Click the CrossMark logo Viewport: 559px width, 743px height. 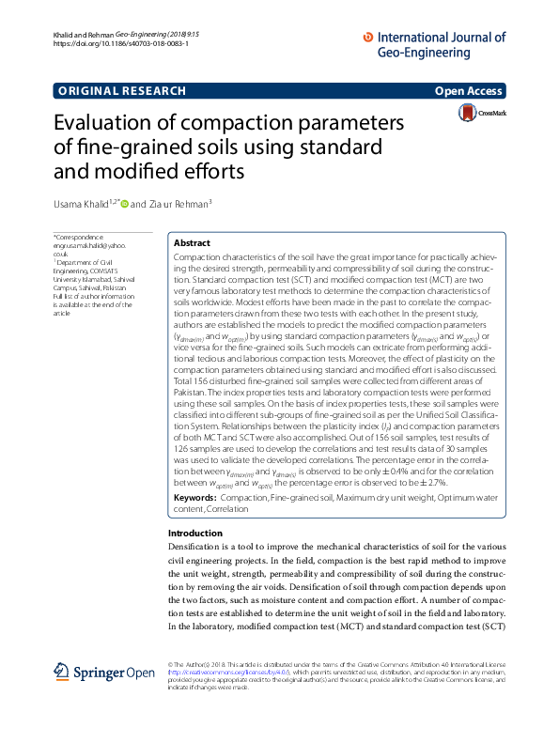point(480,114)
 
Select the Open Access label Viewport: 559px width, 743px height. point(469,91)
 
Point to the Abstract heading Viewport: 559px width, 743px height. point(192,242)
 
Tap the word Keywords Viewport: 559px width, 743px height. point(196,496)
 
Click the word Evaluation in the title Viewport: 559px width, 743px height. point(111,125)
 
